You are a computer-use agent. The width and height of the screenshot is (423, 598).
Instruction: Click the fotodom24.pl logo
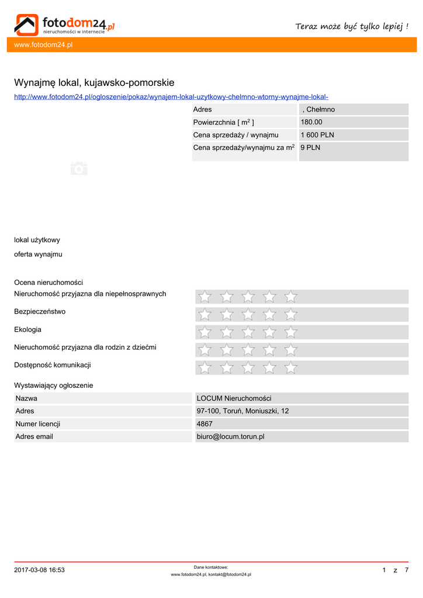click(64, 25)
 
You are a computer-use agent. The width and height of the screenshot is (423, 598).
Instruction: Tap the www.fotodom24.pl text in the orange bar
click(39, 45)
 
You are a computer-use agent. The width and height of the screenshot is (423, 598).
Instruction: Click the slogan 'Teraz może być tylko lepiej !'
click(352, 26)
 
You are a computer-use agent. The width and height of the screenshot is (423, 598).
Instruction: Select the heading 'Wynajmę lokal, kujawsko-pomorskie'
click(94, 83)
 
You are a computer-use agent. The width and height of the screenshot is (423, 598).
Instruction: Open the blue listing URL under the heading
click(171, 96)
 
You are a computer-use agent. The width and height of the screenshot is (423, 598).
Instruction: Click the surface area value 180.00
click(311, 122)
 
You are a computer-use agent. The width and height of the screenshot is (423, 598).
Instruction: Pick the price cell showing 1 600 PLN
click(317, 135)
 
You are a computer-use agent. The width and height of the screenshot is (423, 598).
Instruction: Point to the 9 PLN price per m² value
click(310, 148)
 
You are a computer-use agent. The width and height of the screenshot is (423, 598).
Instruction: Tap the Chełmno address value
click(318, 109)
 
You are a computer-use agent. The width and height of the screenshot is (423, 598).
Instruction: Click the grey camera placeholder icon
click(79, 168)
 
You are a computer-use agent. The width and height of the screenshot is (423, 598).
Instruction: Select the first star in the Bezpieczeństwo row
click(205, 315)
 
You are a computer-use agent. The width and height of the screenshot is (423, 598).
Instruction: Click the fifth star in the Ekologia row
click(290, 332)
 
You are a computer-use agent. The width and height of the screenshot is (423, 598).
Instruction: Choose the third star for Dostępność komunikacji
click(248, 368)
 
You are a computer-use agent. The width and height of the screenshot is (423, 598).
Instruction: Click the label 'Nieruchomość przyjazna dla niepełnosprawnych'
click(90, 294)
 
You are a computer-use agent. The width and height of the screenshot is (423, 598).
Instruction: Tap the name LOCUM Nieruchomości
click(234, 398)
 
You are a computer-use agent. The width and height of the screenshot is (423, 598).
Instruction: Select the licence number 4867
click(204, 424)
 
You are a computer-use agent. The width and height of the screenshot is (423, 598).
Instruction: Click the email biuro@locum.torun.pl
click(230, 436)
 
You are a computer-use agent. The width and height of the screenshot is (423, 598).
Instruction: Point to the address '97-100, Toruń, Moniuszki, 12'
click(242, 411)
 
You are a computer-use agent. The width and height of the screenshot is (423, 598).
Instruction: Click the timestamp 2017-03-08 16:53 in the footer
click(39, 570)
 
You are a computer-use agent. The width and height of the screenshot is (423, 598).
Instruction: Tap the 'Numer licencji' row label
click(38, 424)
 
